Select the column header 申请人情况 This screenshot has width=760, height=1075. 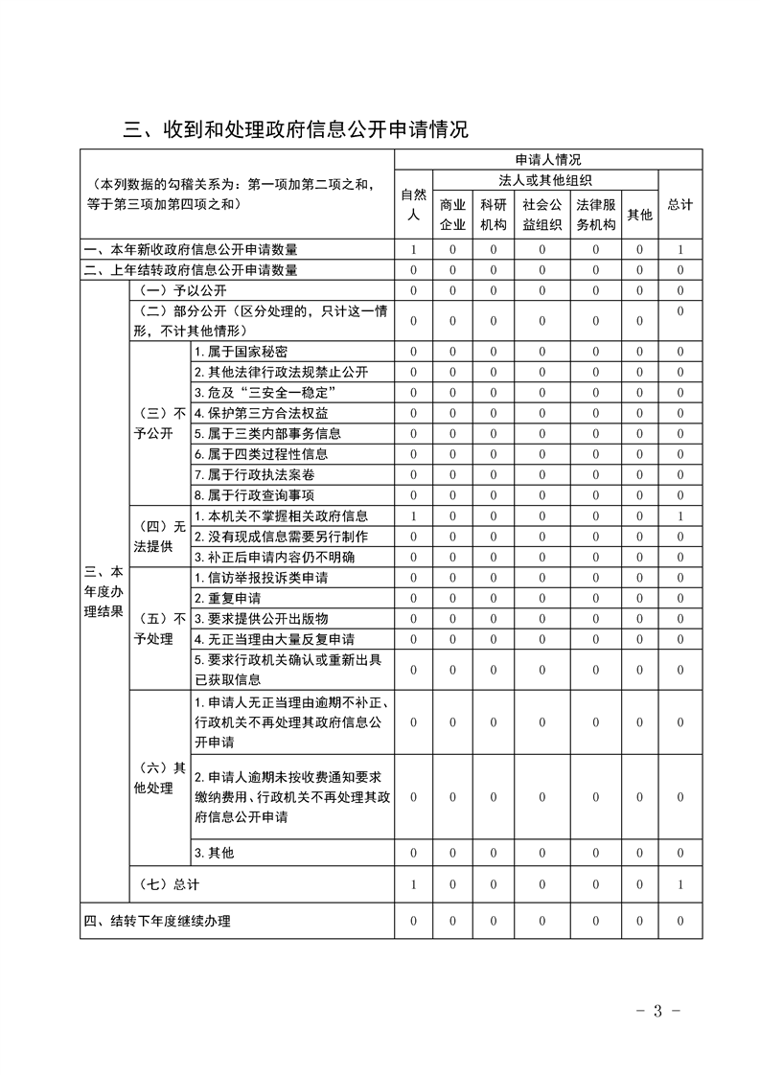pyautogui.click(x=547, y=159)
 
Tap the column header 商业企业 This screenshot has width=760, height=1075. pyautogui.click(x=452, y=215)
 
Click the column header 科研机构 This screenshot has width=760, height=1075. pyautogui.click(x=494, y=215)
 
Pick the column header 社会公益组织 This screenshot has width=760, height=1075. pyautogui.click(x=541, y=215)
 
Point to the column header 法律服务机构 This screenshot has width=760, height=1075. pyautogui.click(x=595, y=215)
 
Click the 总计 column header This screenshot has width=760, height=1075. pyautogui.click(x=679, y=205)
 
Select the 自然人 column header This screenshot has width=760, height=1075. pyautogui.click(x=413, y=205)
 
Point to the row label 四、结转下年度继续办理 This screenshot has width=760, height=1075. pyautogui.click(x=157, y=922)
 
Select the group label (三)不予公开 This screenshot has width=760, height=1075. pyautogui.click(x=159, y=423)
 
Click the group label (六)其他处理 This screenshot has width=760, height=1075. pyautogui.click(x=159, y=778)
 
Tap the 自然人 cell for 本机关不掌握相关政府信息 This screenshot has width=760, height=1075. pyautogui.click(x=413, y=516)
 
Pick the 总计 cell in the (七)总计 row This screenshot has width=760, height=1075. pyautogui.click(x=679, y=884)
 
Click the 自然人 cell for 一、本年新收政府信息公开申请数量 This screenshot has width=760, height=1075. pyautogui.click(x=413, y=250)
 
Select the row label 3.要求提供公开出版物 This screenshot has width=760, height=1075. pyautogui.click(x=246, y=618)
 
